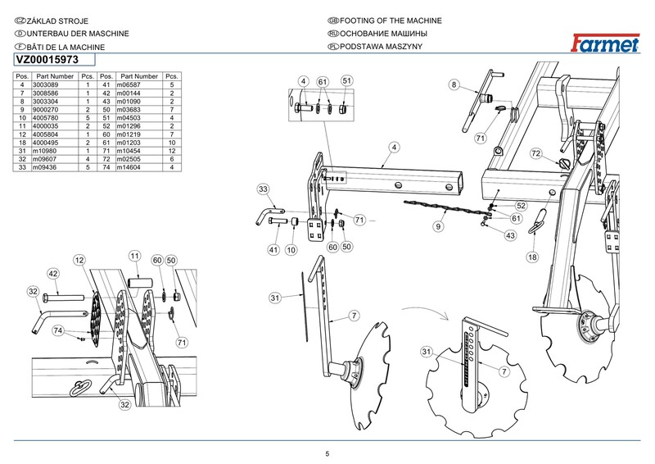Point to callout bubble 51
[346, 81]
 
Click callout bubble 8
[454, 84]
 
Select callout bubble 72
[535, 153]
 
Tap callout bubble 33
[264, 189]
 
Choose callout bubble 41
[274, 249]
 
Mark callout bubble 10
[290, 249]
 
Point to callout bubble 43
[509, 235]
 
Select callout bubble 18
[532, 257]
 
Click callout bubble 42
[52, 273]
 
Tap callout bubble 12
[79, 260]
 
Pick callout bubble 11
[135, 257]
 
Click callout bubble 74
[58, 330]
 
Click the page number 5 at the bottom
[327, 454]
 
